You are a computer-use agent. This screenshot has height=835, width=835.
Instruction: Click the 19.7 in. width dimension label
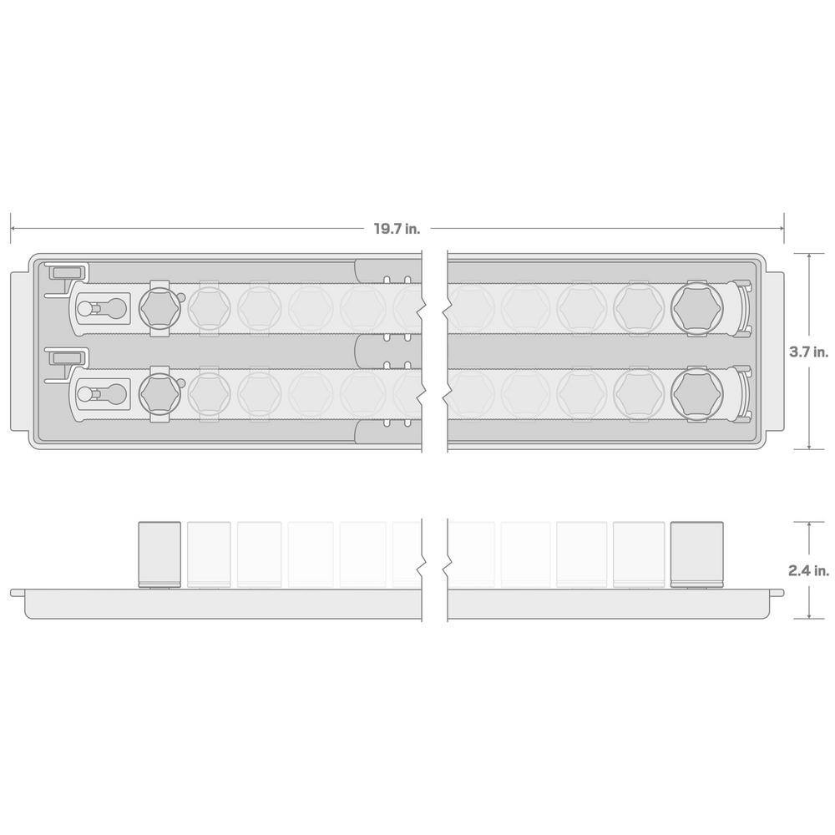click(x=397, y=229)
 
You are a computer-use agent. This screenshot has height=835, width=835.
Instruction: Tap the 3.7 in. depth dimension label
click(x=807, y=353)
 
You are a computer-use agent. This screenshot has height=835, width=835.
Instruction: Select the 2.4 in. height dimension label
click(x=807, y=571)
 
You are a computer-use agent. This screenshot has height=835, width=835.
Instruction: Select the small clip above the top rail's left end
click(x=66, y=273)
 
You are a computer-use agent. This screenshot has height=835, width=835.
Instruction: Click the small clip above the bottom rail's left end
click(x=66, y=357)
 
